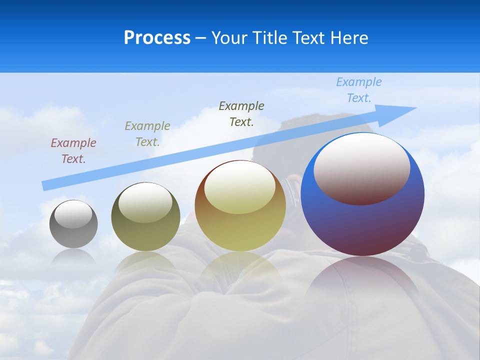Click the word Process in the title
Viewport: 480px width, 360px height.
click(x=157, y=38)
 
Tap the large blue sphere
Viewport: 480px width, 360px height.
click(x=362, y=225)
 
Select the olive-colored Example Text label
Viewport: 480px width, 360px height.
click(x=147, y=134)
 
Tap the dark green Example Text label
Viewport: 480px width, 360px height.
click(x=241, y=114)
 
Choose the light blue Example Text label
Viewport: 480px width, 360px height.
click(x=359, y=90)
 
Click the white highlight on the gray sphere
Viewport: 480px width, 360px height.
click(x=73, y=214)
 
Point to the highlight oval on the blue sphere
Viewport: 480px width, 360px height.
click(x=362, y=168)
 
